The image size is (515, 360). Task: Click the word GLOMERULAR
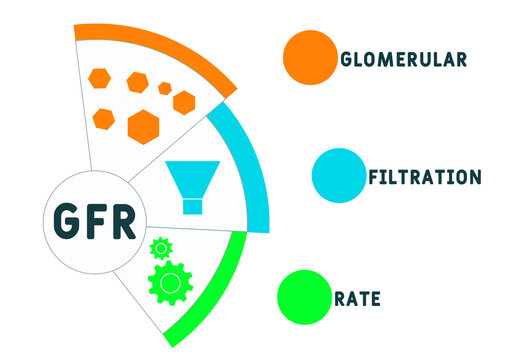(x=403, y=58)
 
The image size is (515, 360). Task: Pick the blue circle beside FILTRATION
(x=337, y=172)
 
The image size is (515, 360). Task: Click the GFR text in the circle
(x=96, y=221)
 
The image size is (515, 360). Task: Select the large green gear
(x=170, y=283)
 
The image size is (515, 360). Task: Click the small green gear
(x=159, y=247)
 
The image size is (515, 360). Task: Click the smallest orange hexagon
(x=165, y=88)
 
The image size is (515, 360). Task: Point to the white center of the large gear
(x=170, y=284)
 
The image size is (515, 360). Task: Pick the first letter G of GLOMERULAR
(x=346, y=58)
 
